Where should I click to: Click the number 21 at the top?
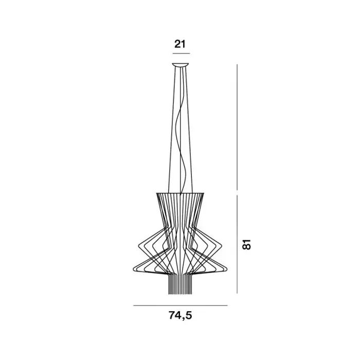click(179, 44)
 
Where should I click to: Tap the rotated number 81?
click(246, 244)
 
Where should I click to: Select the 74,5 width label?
click(180, 315)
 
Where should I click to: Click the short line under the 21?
click(181, 53)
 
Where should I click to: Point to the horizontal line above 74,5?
click(180, 305)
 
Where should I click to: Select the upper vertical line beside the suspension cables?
click(237, 127)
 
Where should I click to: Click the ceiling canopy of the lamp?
click(181, 65)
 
